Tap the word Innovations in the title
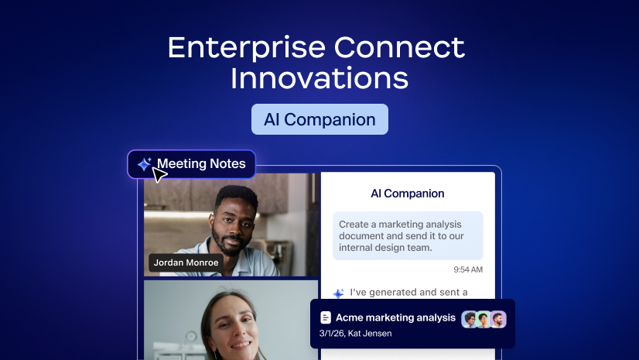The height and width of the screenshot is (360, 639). (x=319, y=79)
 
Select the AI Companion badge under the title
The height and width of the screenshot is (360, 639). (x=319, y=120)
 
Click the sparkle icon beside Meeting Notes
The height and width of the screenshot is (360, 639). (x=144, y=164)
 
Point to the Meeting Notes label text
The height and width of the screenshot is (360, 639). (x=201, y=163)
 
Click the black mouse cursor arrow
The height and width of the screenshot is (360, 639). (x=159, y=175)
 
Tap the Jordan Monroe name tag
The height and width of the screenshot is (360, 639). (x=186, y=262)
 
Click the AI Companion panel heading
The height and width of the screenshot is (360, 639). (x=408, y=194)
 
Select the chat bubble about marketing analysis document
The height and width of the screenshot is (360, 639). (x=408, y=235)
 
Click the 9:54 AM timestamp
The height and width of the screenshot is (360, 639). (x=468, y=269)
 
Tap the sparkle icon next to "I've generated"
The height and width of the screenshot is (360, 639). (x=338, y=293)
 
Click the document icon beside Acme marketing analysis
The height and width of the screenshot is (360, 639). (x=326, y=318)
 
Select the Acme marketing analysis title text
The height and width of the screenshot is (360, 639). (x=395, y=318)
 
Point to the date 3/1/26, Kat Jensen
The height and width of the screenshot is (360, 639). (x=355, y=334)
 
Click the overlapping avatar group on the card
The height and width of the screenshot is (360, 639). (x=484, y=319)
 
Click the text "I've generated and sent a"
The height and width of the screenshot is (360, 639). (x=408, y=293)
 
